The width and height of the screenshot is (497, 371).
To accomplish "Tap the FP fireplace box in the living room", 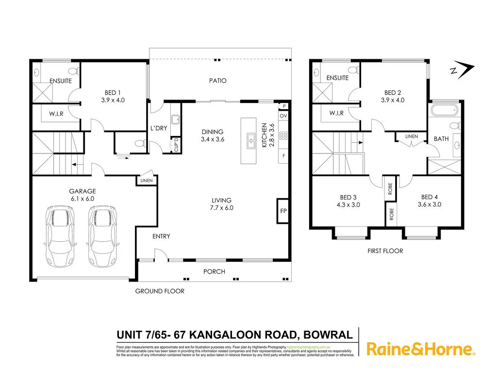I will [x=283, y=211].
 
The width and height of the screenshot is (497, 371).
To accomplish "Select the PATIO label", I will [x=218, y=81].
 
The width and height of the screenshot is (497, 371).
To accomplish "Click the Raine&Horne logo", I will [x=420, y=349].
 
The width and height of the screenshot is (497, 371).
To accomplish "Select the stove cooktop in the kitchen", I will [x=283, y=135].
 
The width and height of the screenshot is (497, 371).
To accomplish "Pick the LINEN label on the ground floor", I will [x=147, y=181].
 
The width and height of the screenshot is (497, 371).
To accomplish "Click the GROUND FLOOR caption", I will [x=160, y=291].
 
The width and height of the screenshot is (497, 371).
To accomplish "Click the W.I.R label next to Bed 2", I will [x=336, y=113].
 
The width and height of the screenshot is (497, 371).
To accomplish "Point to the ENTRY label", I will [x=161, y=236].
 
